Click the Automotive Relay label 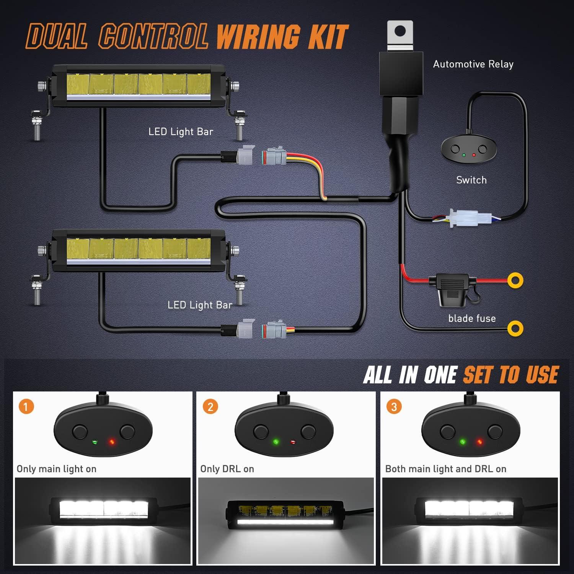pyautogui.click(x=473, y=64)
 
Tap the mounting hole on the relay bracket pyautogui.click(x=400, y=31)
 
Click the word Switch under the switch pyautogui.click(x=471, y=180)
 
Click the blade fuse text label pyautogui.click(x=472, y=318)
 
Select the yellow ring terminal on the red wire pyautogui.click(x=515, y=280)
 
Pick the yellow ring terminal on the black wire pyautogui.click(x=515, y=328)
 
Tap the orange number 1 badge pyautogui.click(x=26, y=406)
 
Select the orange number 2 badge pyautogui.click(x=210, y=406)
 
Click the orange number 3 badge pyautogui.click(x=394, y=406)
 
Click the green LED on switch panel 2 pyautogui.click(x=276, y=442)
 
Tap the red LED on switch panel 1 pyautogui.click(x=112, y=442)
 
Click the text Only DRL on pyautogui.click(x=227, y=469)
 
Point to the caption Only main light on pyautogui.click(x=57, y=469)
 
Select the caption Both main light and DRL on pyautogui.click(x=446, y=469)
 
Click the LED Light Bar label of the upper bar pyautogui.click(x=181, y=132)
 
